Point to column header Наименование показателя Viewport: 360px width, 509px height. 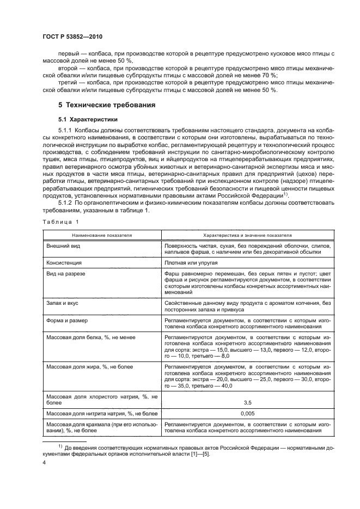tap(100, 235)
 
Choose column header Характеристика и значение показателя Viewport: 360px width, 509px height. tap(247, 235)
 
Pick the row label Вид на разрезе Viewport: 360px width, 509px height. tap(68, 273)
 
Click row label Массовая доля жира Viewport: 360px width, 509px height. tap(88, 367)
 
